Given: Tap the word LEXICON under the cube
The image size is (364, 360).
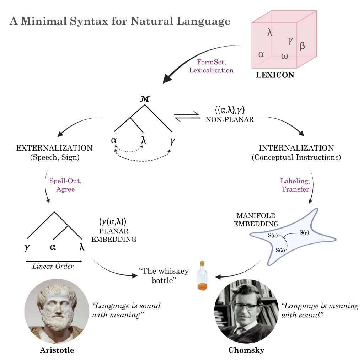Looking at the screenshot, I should (x=275, y=75).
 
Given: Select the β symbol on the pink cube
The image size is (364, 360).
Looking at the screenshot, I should (x=302, y=45).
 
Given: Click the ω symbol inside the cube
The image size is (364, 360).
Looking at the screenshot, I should (x=284, y=56).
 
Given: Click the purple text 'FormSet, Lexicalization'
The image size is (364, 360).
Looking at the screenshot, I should (x=211, y=66).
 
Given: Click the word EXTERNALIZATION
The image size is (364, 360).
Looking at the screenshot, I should (x=54, y=148).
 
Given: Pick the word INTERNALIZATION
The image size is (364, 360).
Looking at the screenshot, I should (x=296, y=148).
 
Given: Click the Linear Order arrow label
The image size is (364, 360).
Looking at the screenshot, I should (x=53, y=266).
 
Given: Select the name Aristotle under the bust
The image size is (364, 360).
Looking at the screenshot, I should (x=57, y=350).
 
